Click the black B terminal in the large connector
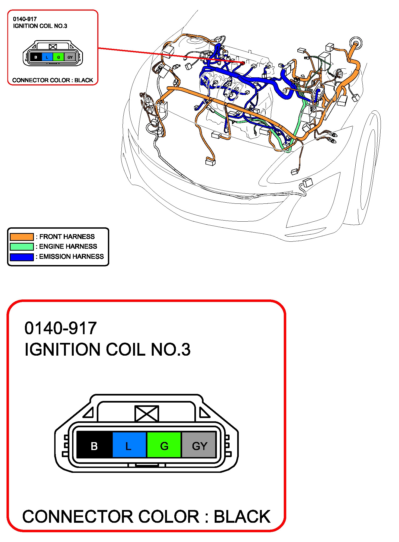click(94, 446)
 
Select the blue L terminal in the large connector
click(129, 446)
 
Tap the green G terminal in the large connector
click(164, 446)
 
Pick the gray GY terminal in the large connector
click(199, 446)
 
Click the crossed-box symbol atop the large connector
click(147, 413)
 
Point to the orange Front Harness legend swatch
click(22, 237)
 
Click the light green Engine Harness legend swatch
click(22, 247)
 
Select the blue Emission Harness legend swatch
click(22, 257)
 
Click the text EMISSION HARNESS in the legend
click(71, 257)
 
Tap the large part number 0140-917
click(60, 328)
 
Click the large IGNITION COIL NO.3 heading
click(107, 349)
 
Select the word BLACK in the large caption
click(242, 517)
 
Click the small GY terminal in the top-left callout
click(70, 57)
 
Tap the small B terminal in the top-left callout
click(36, 57)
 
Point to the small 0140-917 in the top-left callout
click(25, 19)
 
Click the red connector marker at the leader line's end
click(243, 63)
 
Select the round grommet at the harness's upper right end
click(355, 43)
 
